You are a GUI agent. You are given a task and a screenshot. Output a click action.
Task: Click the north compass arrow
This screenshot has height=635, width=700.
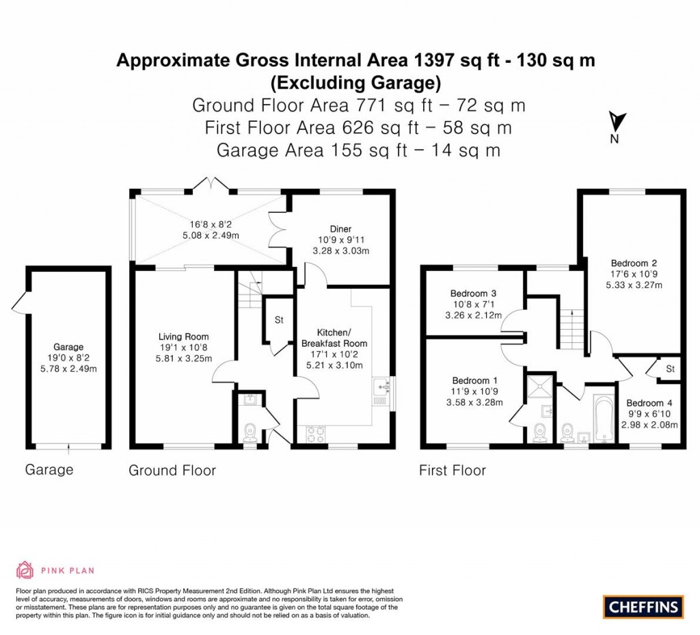point(615,122)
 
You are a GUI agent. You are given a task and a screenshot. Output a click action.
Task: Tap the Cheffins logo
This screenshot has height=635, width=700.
point(643,606)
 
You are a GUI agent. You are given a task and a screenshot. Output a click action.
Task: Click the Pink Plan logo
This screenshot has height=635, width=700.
point(55,569)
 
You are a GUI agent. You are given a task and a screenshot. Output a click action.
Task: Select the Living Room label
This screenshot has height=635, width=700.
point(183,337)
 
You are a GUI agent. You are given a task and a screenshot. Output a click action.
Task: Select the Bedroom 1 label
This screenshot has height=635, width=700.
point(474,380)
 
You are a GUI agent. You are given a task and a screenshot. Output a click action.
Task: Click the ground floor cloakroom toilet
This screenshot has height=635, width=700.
point(250,431)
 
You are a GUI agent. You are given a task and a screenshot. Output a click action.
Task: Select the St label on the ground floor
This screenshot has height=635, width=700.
point(280,320)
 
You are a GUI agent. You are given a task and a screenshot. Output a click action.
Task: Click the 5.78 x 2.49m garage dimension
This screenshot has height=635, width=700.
point(68,368)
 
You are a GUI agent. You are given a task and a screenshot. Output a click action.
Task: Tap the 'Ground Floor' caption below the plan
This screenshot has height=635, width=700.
point(172,470)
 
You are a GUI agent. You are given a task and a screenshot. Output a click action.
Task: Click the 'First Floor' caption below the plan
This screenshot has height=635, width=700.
point(452,470)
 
